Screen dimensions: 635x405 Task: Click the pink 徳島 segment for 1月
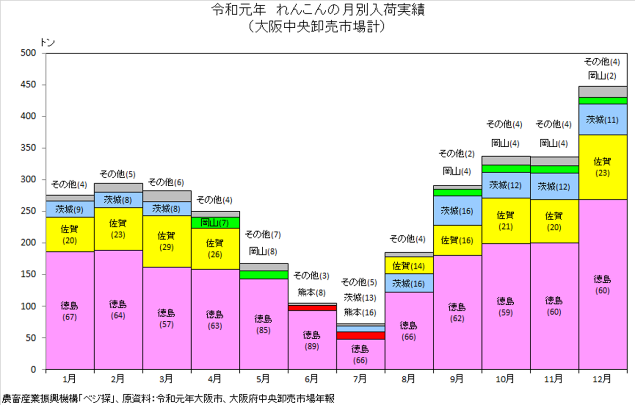coord(70,310)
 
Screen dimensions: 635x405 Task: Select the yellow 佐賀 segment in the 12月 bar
coord(603,167)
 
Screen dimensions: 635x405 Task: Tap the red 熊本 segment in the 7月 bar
coord(361,335)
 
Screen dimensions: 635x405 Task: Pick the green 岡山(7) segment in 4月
coord(215,222)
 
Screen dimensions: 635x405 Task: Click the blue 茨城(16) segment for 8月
coord(409,283)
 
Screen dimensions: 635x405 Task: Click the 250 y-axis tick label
coord(28,211)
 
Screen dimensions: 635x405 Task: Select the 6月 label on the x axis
coord(312,379)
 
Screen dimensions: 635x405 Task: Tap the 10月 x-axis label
coord(505,379)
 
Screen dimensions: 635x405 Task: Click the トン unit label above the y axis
coord(47,42)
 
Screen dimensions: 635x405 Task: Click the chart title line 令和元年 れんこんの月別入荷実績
coord(318,10)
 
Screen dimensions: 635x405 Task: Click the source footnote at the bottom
coord(168,398)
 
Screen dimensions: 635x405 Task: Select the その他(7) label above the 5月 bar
coord(263,235)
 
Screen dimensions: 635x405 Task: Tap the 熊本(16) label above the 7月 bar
coord(360,312)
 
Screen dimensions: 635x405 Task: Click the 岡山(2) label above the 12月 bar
coord(602,76)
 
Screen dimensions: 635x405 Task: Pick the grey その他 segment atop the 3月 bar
coord(167,196)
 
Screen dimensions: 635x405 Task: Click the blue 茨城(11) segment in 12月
coord(603,119)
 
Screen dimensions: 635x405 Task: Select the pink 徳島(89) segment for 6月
coord(312,340)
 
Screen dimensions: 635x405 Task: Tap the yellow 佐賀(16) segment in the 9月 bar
coord(457,240)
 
